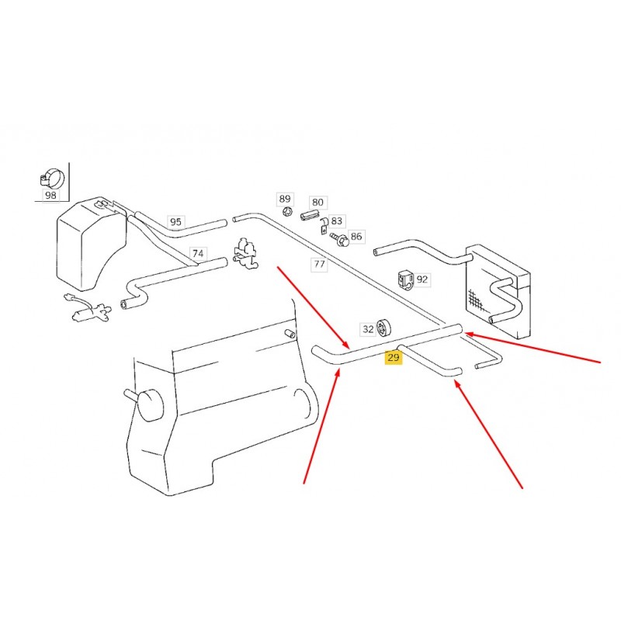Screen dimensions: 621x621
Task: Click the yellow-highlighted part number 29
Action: pyautogui.click(x=393, y=358)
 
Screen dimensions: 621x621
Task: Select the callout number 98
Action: pyautogui.click(x=50, y=195)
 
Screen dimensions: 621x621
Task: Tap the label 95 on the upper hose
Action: pyautogui.click(x=175, y=221)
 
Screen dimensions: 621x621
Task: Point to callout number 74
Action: pyautogui.click(x=198, y=254)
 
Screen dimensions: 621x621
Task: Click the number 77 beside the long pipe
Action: pyautogui.click(x=319, y=264)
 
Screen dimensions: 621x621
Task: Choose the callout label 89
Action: pyautogui.click(x=285, y=199)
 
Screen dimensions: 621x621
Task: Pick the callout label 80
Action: pyautogui.click(x=317, y=202)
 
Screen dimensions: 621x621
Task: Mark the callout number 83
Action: pyautogui.click(x=336, y=220)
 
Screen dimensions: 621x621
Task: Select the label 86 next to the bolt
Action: pyautogui.click(x=356, y=237)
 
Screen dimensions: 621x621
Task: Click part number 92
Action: pyautogui.click(x=422, y=279)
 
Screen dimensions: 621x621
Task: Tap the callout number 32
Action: pyautogui.click(x=368, y=328)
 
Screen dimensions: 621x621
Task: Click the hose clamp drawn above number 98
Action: pyautogui.click(x=52, y=179)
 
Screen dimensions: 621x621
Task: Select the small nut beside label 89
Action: pyautogui.click(x=287, y=211)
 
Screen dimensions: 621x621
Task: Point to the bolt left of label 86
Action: pyautogui.click(x=340, y=239)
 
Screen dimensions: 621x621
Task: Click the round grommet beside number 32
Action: pyautogui.click(x=383, y=328)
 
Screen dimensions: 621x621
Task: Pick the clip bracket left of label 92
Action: pyautogui.click(x=405, y=279)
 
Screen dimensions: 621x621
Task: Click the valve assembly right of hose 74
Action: pyautogui.click(x=245, y=254)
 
